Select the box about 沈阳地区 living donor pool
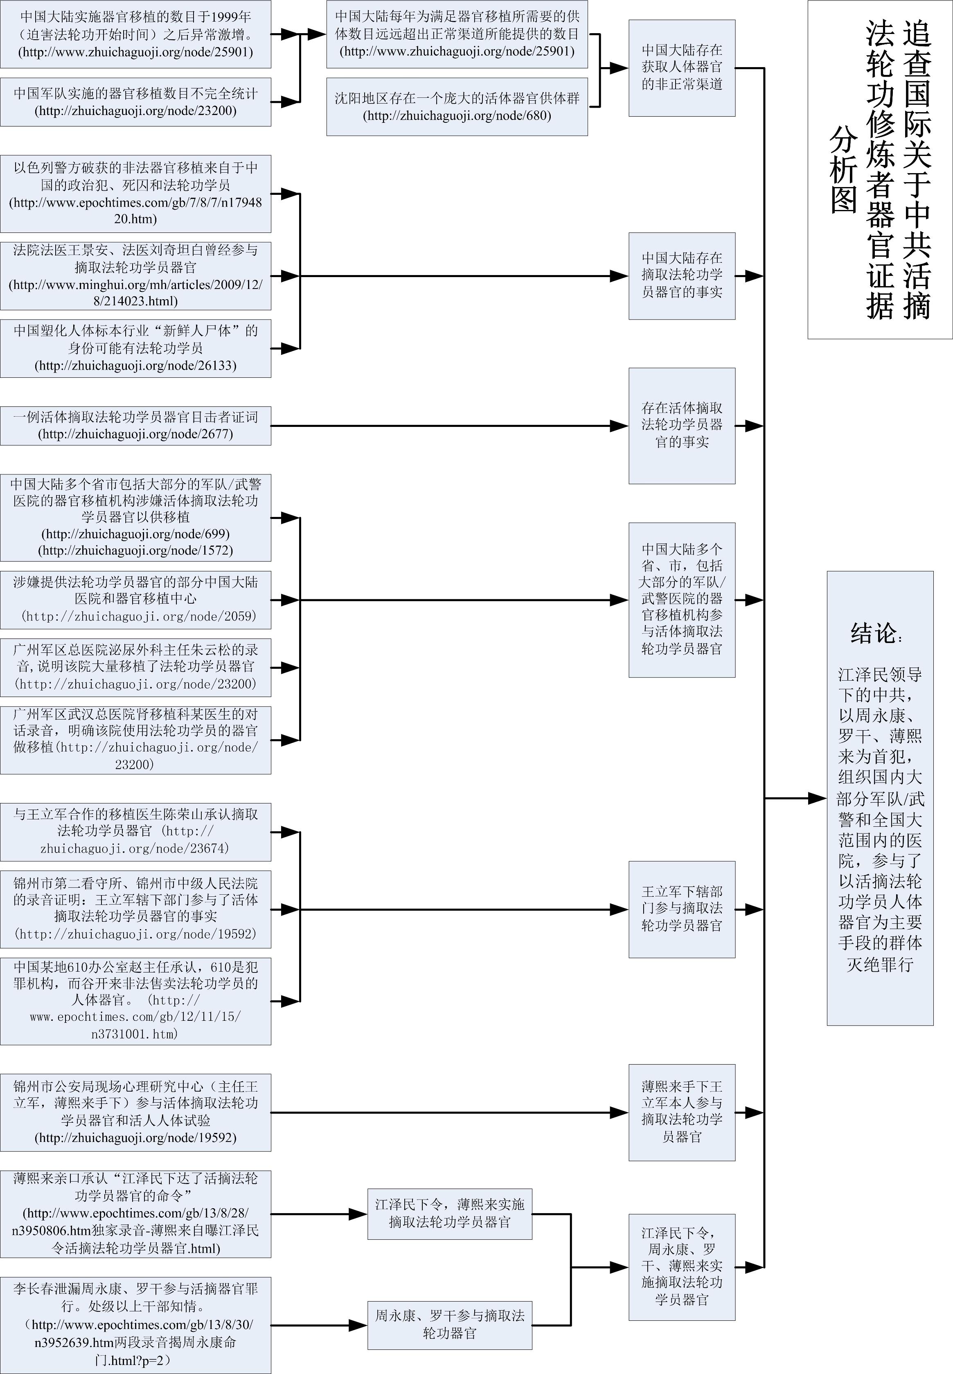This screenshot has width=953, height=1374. (x=457, y=106)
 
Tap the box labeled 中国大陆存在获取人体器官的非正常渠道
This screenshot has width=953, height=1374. (x=681, y=68)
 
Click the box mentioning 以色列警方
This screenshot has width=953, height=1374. (x=135, y=194)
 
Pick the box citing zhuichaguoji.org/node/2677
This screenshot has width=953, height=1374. (x=135, y=426)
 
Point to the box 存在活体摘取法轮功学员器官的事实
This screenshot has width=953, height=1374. (x=681, y=425)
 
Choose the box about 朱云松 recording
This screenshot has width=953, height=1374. (x=135, y=667)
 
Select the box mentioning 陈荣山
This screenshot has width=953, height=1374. (x=135, y=832)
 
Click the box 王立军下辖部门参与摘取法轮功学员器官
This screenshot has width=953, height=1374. (x=681, y=909)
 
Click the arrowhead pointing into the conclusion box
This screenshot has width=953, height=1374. (x=818, y=798)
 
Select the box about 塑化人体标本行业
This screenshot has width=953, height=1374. (x=135, y=348)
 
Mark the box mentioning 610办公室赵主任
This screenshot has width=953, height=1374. (x=135, y=1001)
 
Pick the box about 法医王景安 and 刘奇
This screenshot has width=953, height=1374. (x=135, y=275)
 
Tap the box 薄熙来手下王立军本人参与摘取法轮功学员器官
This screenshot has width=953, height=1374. (x=681, y=1112)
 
